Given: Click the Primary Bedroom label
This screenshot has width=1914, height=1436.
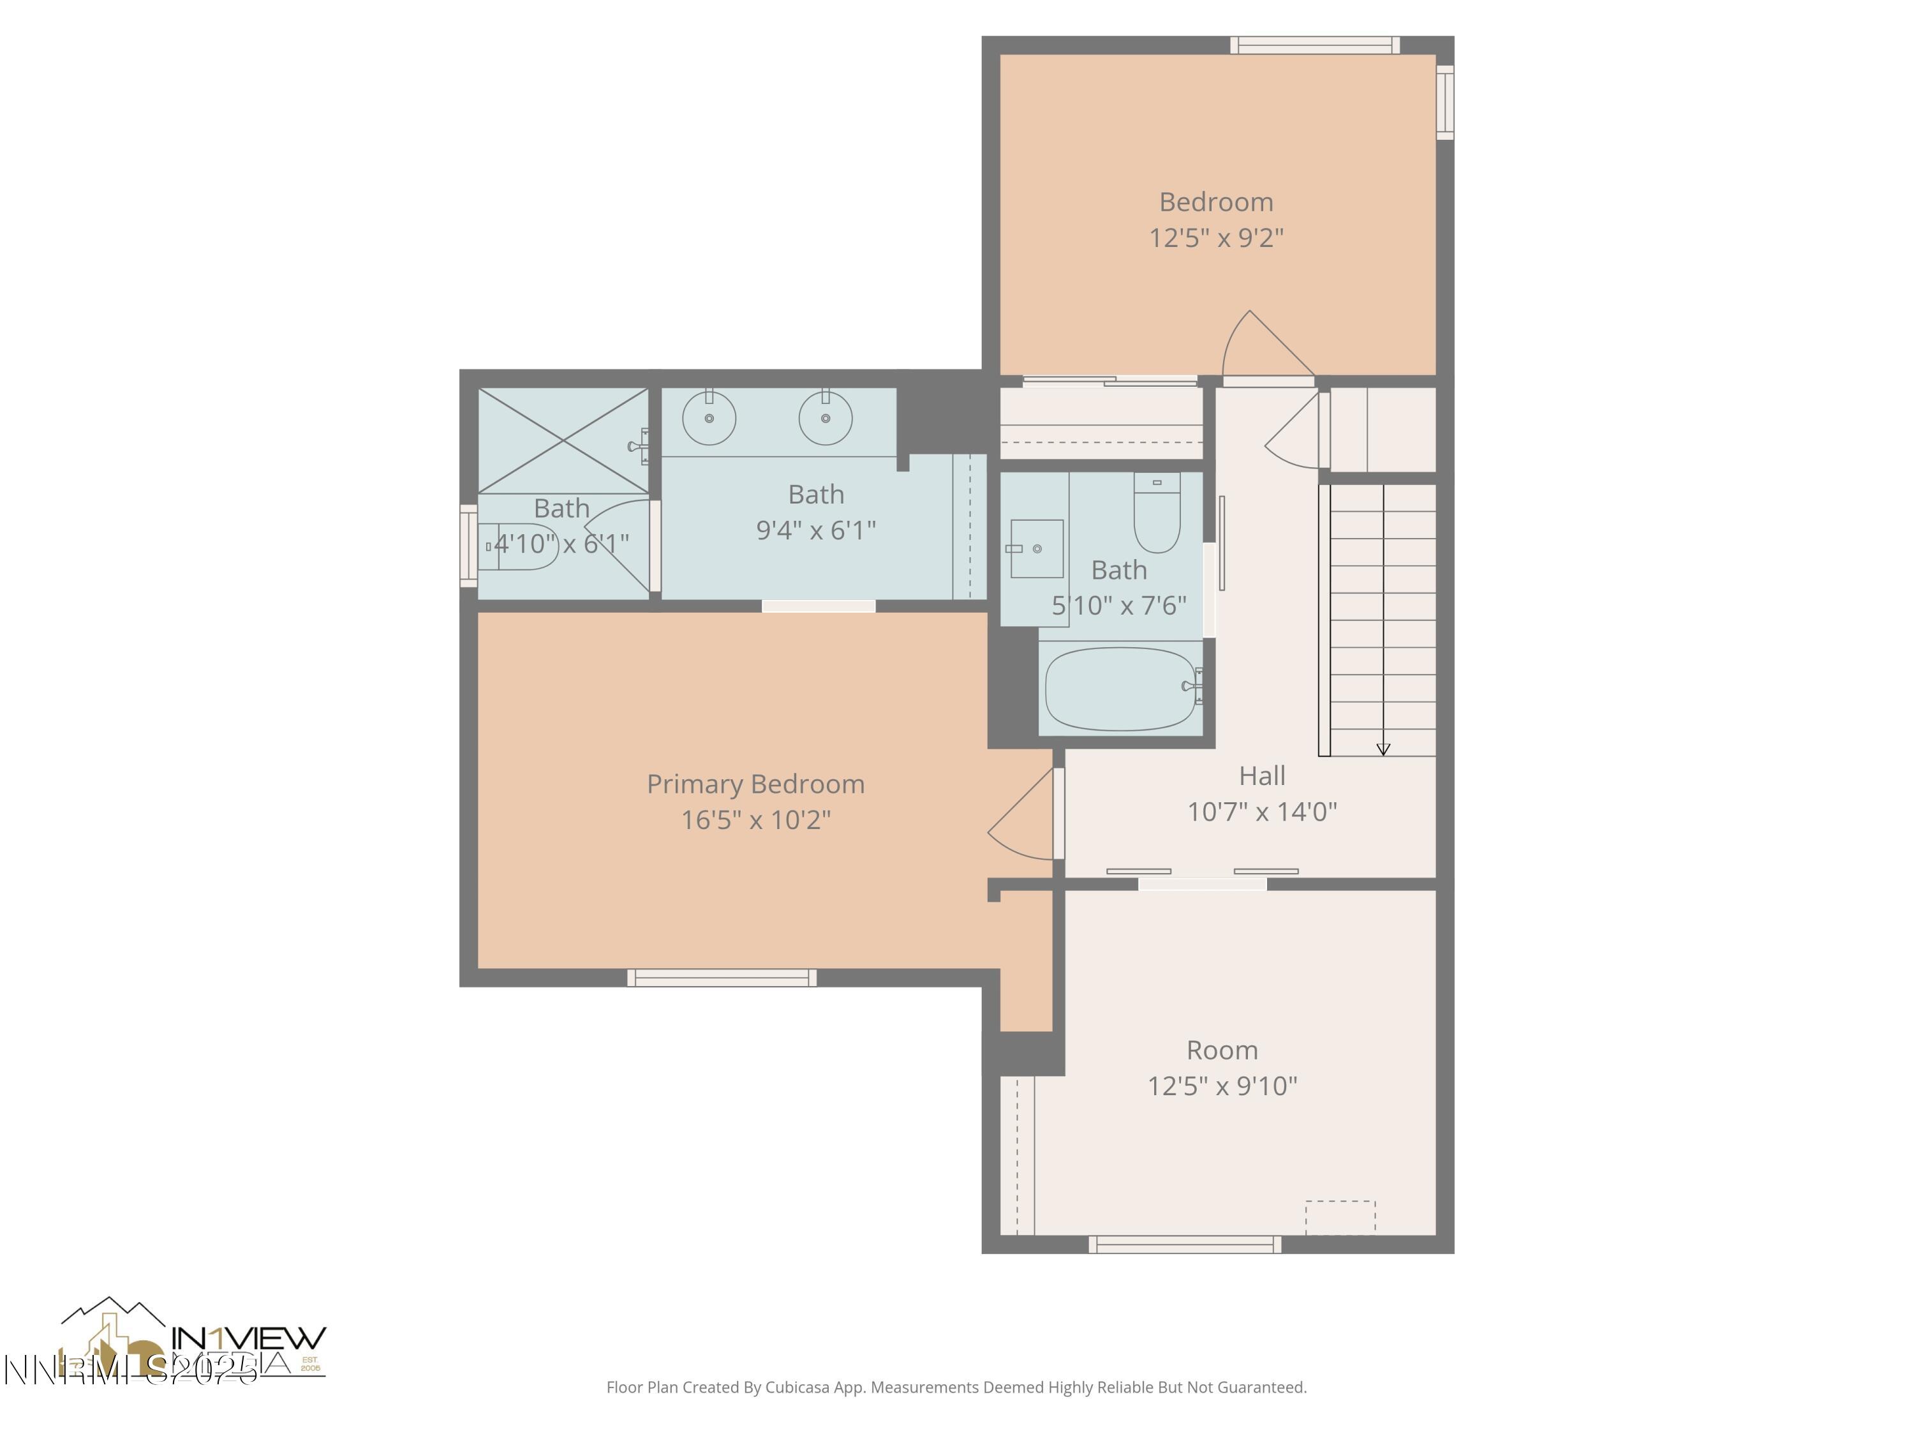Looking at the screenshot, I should (x=755, y=784).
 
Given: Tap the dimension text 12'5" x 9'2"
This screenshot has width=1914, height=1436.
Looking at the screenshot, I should (x=1216, y=238).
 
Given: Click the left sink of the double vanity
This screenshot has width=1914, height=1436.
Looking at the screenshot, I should (x=709, y=418).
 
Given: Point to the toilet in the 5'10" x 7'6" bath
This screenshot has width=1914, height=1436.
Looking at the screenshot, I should (x=1157, y=514).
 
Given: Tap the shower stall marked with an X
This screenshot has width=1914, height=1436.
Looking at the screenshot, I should (x=563, y=440).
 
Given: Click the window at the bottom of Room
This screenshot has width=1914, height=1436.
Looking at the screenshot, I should (x=1185, y=1245).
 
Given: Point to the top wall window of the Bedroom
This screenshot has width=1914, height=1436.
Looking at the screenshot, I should (x=1314, y=45).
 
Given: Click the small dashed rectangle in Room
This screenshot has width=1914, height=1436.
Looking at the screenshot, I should (x=1339, y=1216).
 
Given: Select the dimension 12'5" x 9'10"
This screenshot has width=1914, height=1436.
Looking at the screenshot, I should (x=1222, y=1086).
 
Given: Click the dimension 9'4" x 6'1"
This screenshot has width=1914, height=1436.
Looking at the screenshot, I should (x=816, y=530).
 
